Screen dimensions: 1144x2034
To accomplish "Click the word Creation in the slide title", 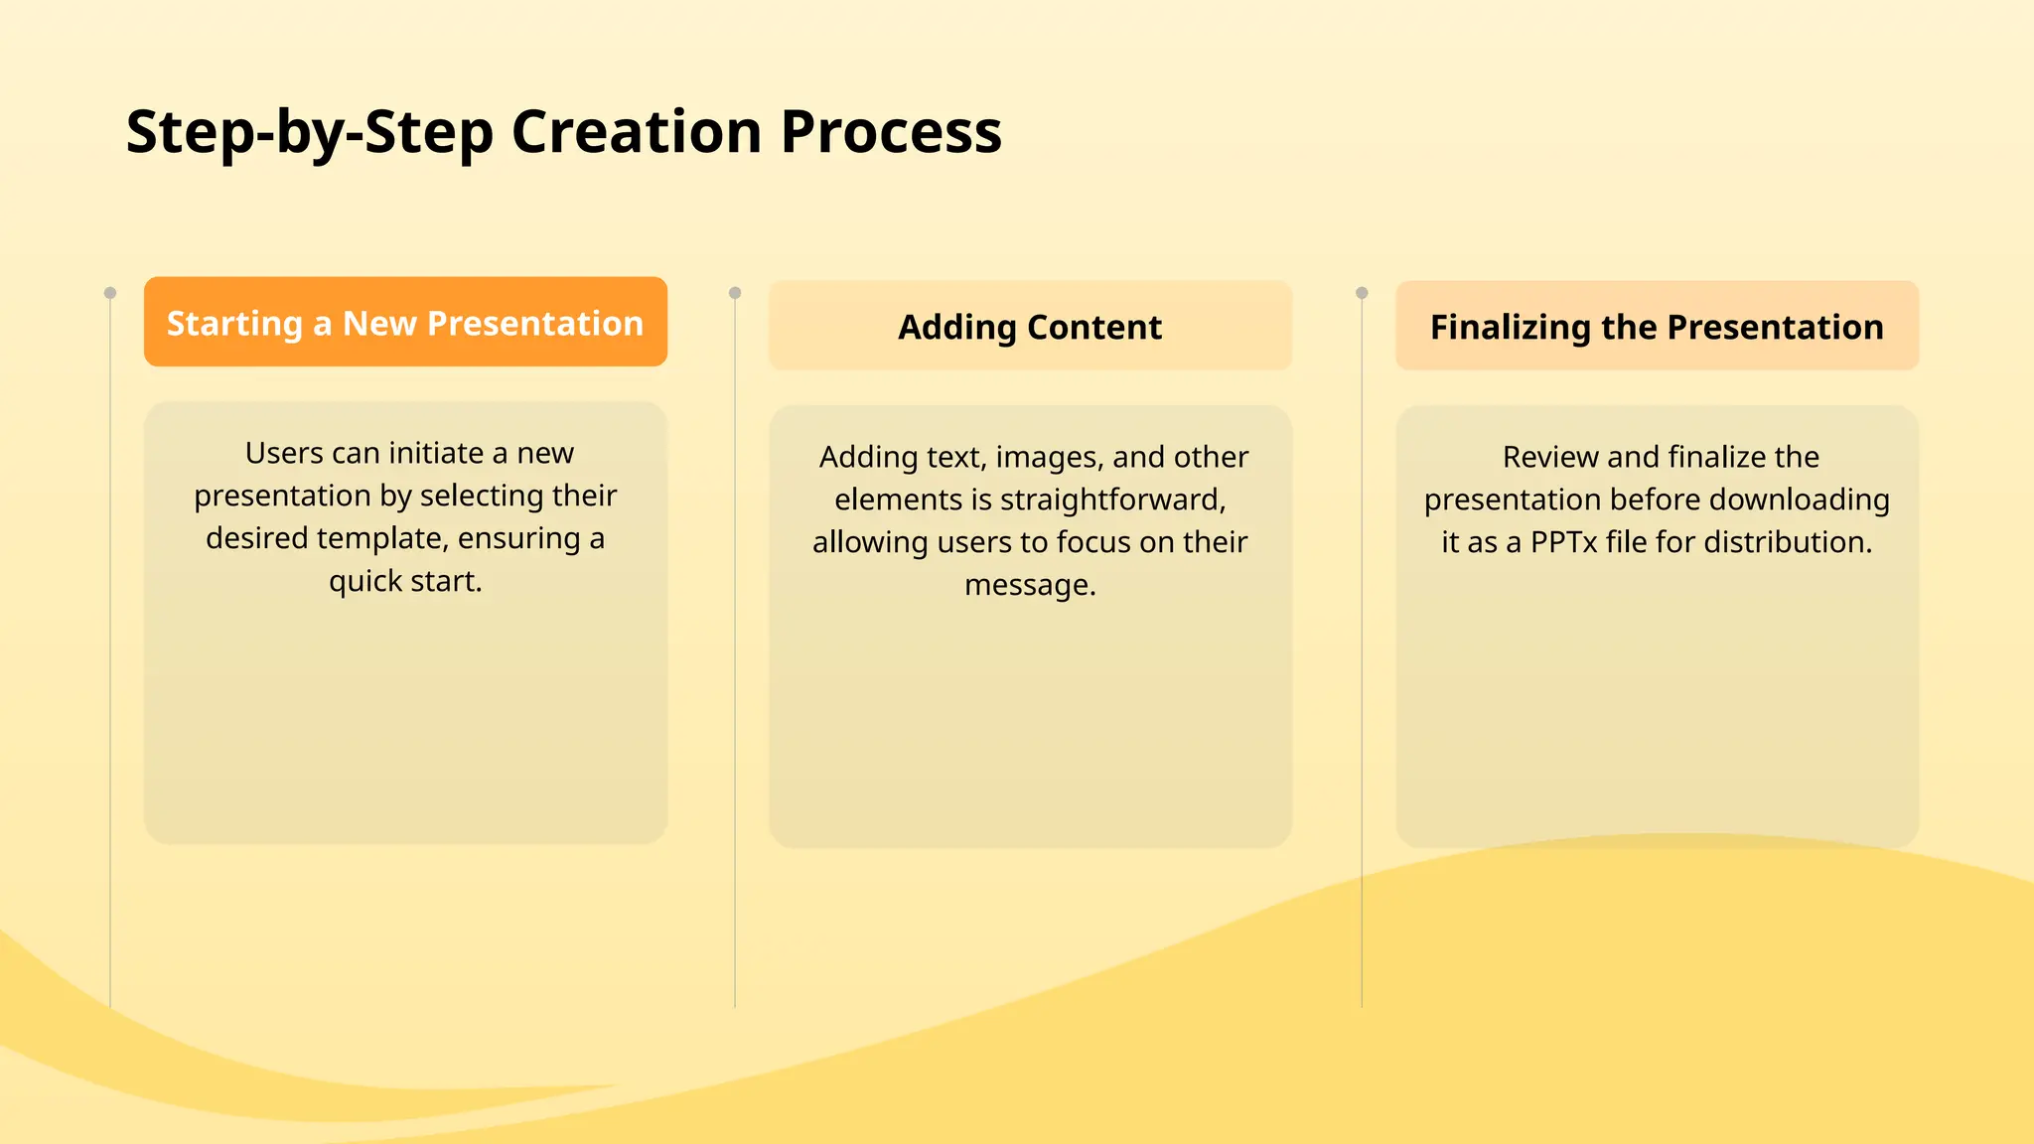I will point(636,131).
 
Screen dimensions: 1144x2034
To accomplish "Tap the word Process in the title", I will point(891,131).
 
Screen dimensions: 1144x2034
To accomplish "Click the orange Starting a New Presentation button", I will point(405,323).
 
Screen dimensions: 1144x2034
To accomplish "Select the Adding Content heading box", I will point(1030,327).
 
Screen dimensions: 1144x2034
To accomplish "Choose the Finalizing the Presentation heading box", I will point(1657,327).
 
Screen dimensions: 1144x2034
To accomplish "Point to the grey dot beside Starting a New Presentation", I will point(110,293).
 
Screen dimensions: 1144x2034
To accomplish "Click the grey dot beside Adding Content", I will point(735,293).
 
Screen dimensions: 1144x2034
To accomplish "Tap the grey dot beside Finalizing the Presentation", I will point(1362,293).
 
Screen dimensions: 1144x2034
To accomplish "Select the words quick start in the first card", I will point(405,581).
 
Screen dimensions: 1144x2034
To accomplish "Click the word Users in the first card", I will point(284,453).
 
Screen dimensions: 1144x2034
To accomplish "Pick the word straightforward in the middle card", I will point(1112,500).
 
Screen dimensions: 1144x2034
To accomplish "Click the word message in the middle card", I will point(1029,585).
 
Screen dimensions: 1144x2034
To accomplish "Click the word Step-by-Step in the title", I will point(309,131).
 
